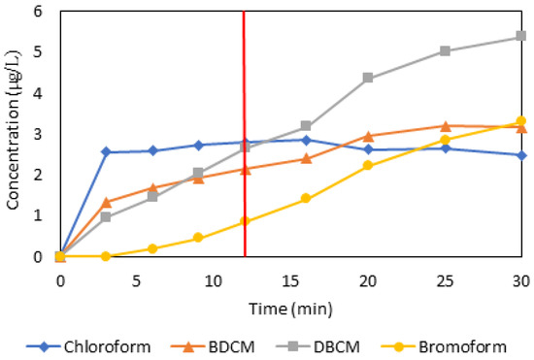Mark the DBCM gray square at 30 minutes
click(520, 37)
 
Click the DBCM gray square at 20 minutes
click(367, 78)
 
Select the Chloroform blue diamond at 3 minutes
click(106, 152)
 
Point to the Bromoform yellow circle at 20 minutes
click(367, 166)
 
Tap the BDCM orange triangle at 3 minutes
click(106, 202)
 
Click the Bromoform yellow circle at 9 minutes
click(198, 238)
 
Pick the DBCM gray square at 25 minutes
click(444, 51)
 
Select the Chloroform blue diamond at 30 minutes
click(520, 155)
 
